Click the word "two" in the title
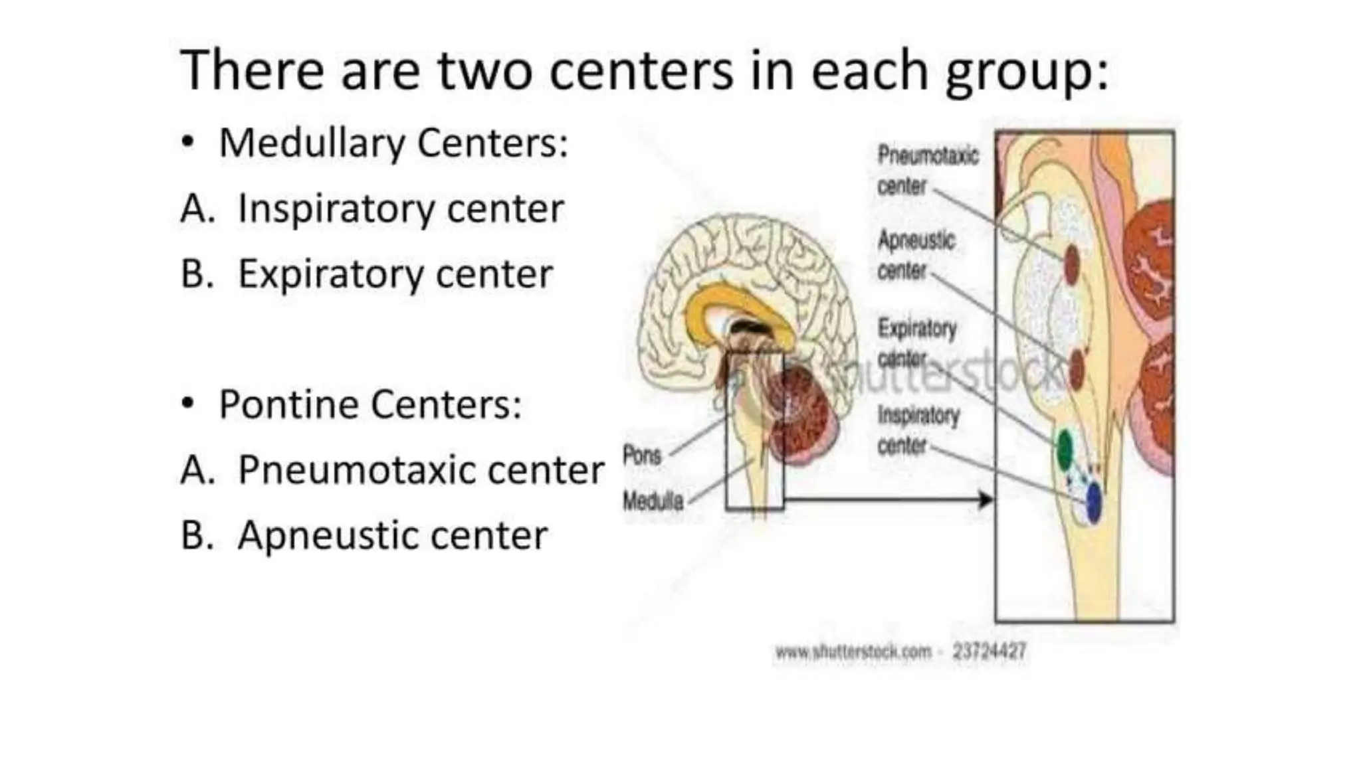[x=484, y=70]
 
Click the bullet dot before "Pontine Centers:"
[x=188, y=403]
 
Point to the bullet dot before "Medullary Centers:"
[x=188, y=141]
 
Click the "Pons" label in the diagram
[x=642, y=456]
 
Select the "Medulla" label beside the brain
[x=653, y=501]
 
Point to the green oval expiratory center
[x=1065, y=450]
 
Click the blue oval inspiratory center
[x=1093, y=502]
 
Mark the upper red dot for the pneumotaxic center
[x=1071, y=264]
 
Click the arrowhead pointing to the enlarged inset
[x=987, y=499]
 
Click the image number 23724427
[x=990, y=651]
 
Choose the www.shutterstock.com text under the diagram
[x=853, y=652]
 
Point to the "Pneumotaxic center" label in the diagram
[x=928, y=171]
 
